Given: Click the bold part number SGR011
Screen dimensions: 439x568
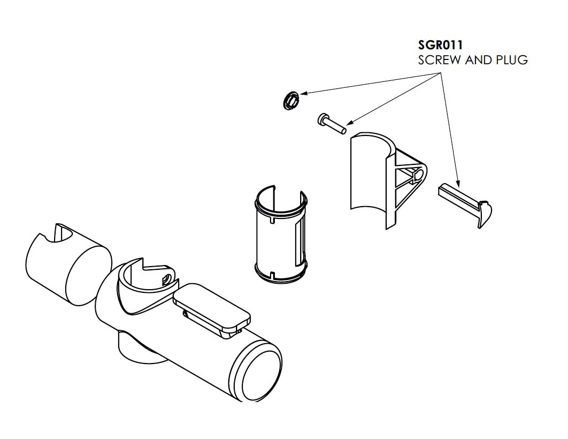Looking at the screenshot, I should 440,45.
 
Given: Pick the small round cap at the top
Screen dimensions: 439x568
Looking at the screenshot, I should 290,101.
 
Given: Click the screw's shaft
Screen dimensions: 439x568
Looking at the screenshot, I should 337,126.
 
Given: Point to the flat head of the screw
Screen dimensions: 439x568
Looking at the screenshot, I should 323,119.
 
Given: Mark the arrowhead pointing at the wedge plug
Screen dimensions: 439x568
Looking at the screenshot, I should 458,182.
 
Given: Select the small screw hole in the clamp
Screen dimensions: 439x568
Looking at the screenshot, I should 167,280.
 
